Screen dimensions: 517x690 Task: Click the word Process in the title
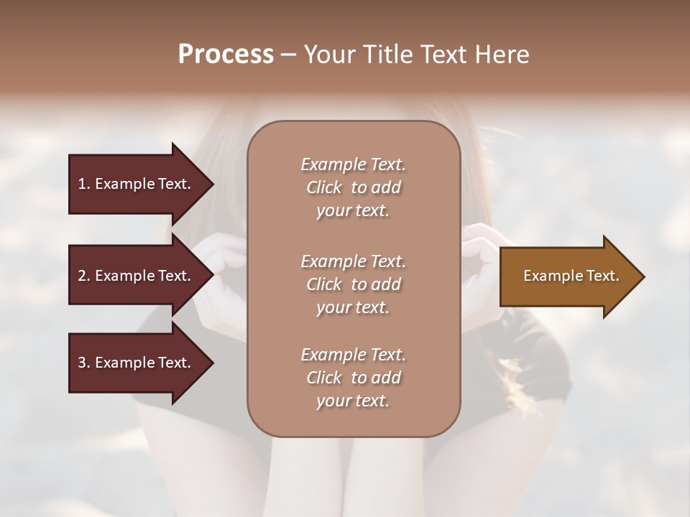point(226,55)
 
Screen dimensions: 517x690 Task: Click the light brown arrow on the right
point(568,276)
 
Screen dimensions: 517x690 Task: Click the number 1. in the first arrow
point(83,184)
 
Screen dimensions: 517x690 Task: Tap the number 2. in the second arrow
point(83,276)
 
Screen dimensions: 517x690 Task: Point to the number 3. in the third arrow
point(83,363)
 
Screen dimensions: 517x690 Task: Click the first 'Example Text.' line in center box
point(353,164)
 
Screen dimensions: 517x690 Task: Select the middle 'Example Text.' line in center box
point(353,261)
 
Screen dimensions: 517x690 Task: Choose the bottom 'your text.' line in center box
point(352,401)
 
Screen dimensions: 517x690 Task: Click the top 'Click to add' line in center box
point(353,187)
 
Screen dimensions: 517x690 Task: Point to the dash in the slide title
point(288,55)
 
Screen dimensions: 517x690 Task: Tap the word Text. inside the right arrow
point(600,276)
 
